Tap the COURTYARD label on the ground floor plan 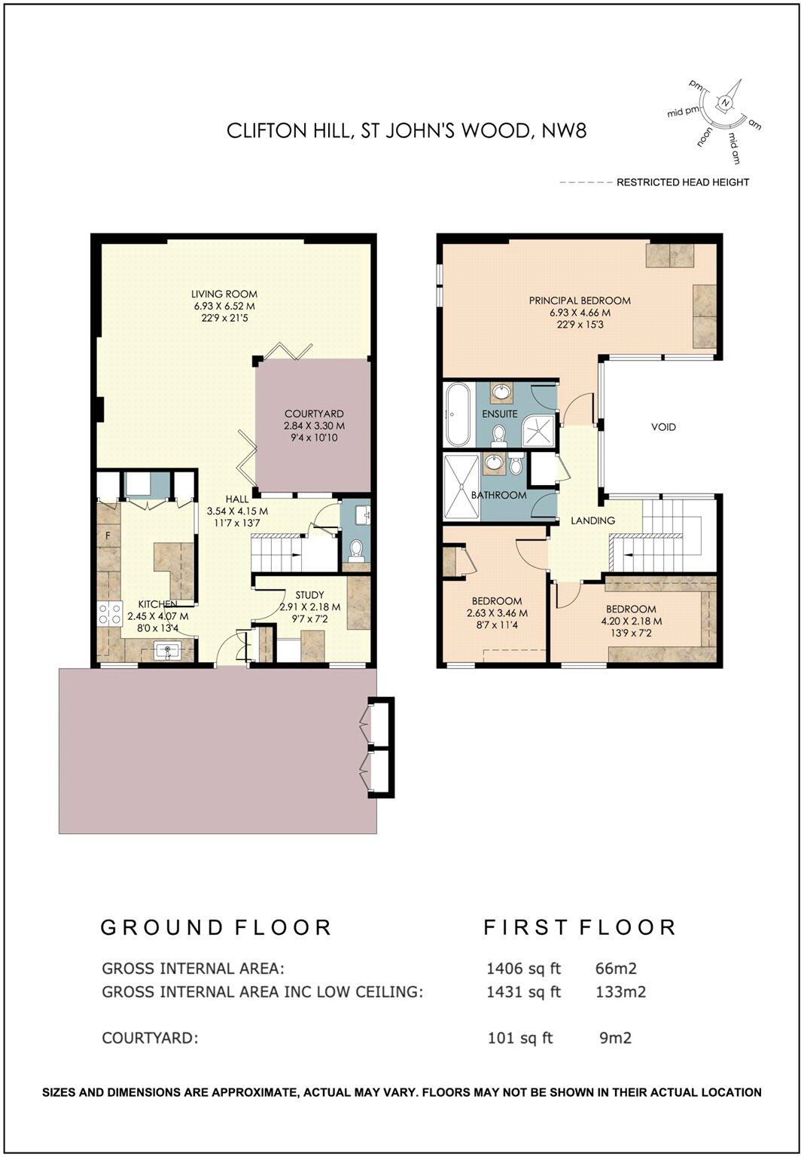[x=314, y=414]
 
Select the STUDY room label [x=309, y=595]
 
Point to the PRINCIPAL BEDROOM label [x=580, y=301]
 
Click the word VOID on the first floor [x=663, y=427]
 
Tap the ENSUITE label [x=499, y=414]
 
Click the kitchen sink [x=166, y=651]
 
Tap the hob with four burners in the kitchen [x=110, y=615]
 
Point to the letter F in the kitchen [x=108, y=536]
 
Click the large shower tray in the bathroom [x=460, y=487]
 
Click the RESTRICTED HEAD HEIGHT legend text [x=683, y=182]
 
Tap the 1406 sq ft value [x=524, y=969]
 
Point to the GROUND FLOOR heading [x=216, y=927]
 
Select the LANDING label [x=592, y=520]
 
